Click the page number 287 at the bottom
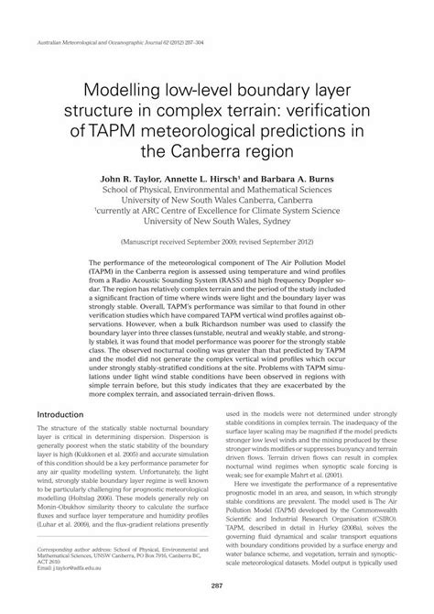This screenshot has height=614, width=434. tap(217, 586)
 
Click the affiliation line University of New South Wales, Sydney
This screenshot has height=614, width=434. tap(217, 221)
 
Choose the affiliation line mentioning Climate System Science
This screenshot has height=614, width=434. tap(217, 209)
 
